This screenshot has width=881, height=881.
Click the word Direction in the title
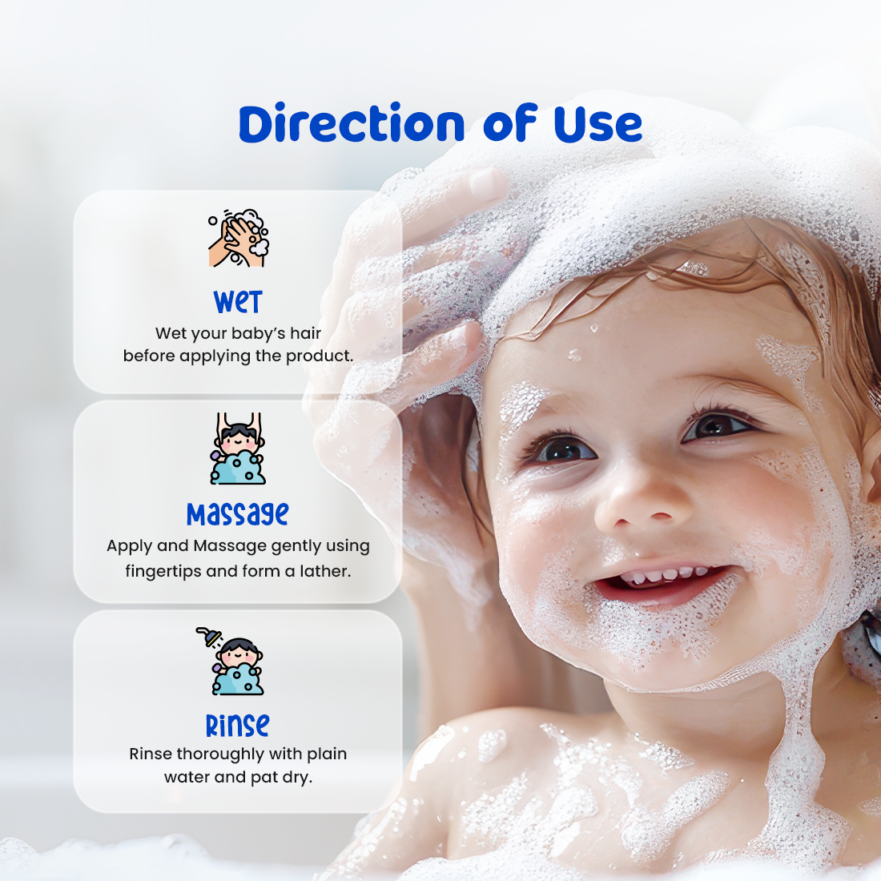[352, 123]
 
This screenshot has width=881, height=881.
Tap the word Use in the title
[597, 123]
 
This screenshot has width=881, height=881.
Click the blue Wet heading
[238, 302]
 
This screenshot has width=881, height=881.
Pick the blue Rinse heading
[238, 725]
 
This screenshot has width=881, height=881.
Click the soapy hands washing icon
[239, 238]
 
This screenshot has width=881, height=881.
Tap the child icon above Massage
[238, 449]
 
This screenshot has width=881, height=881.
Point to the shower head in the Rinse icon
[210, 637]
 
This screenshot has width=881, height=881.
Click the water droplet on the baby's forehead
[594, 328]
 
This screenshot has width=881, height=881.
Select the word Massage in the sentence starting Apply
[230, 546]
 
